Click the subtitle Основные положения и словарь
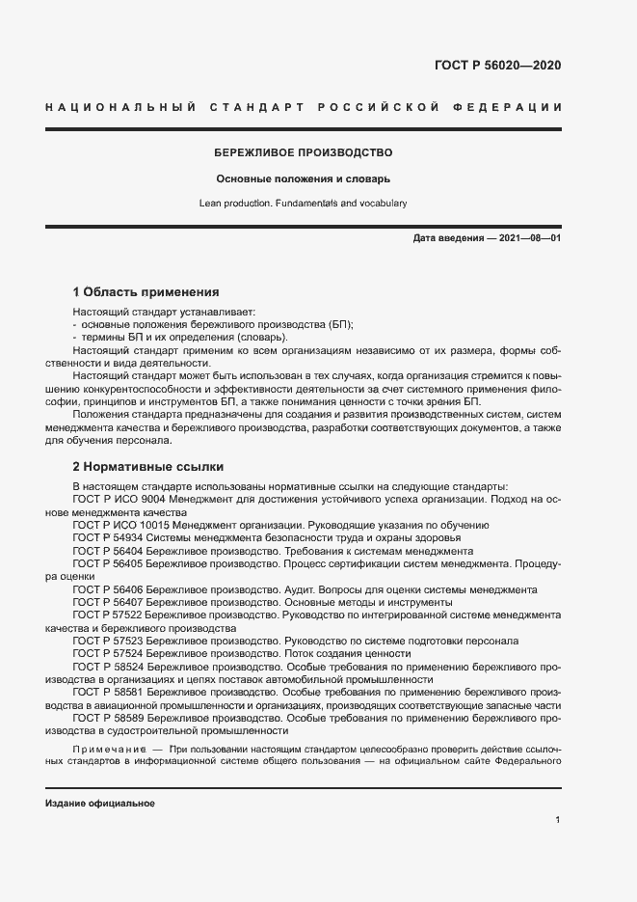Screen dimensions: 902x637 coord(303,179)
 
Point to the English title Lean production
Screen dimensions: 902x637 coord(303,204)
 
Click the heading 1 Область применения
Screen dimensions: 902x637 coord(146,291)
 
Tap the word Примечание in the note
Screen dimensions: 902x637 coord(105,750)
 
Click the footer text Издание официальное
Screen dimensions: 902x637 coord(100,803)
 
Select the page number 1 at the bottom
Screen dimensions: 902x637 coord(558,819)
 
